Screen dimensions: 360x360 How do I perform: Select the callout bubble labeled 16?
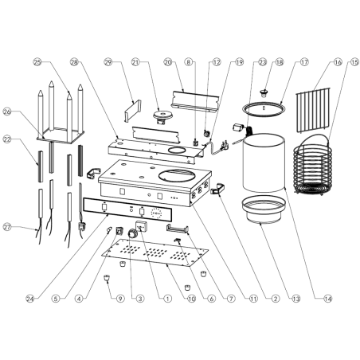click(x=338, y=61)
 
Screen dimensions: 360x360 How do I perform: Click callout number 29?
click(x=108, y=61)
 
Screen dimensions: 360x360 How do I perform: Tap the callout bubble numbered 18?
click(x=280, y=61)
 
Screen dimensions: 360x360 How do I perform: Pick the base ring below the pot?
click(x=260, y=209)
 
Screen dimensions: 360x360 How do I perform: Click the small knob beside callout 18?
click(x=266, y=84)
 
